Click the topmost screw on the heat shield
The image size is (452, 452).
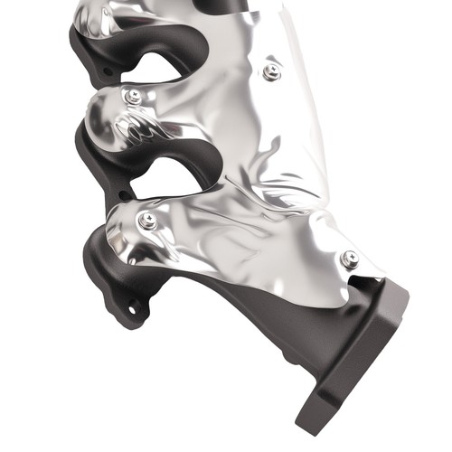(272, 71)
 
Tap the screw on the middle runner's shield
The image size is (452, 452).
(135, 96)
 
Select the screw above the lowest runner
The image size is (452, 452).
(147, 220)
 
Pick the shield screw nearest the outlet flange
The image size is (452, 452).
(350, 260)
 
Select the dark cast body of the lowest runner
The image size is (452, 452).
(99, 271)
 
